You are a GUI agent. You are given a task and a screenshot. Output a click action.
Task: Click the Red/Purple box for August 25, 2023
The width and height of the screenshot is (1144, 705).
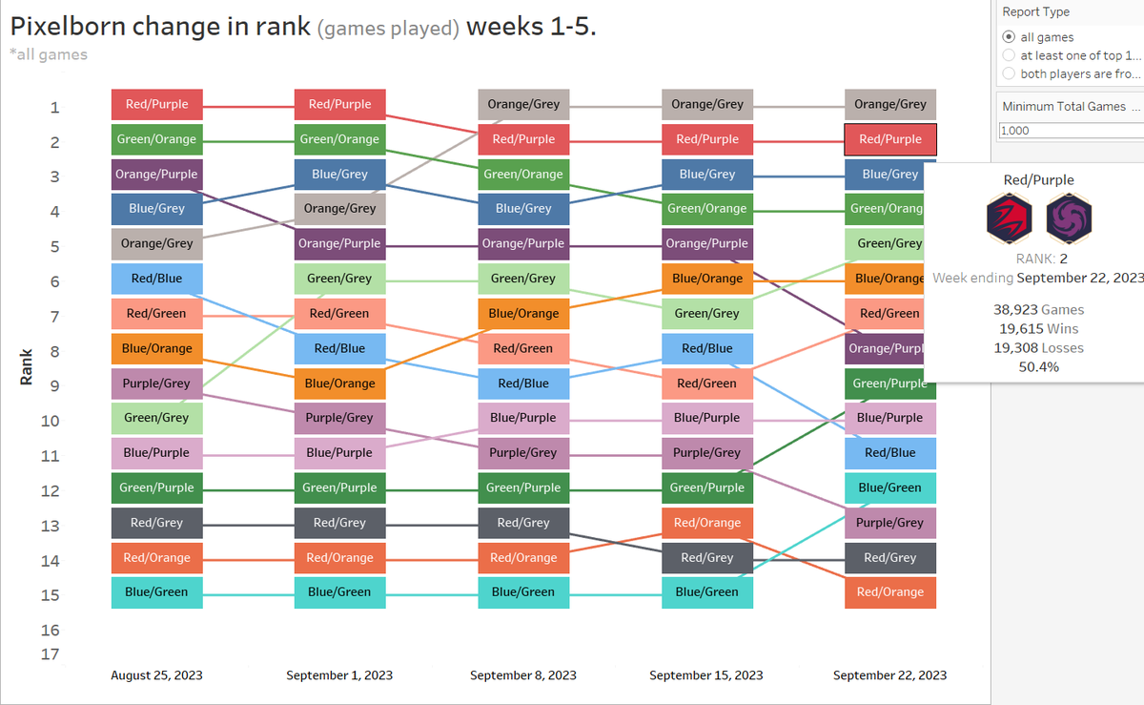click(156, 104)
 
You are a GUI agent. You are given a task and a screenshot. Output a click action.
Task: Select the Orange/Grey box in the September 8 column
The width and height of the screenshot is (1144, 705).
click(523, 104)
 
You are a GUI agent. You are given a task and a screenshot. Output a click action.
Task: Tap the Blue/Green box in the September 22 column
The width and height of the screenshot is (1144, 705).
click(889, 487)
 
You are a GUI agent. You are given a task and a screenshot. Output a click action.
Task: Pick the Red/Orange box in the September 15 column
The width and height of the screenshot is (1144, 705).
click(706, 523)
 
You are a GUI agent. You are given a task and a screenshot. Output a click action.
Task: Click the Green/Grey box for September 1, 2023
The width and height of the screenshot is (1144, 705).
click(339, 279)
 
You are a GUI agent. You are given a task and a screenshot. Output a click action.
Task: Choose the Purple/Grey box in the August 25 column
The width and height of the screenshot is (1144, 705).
click(156, 383)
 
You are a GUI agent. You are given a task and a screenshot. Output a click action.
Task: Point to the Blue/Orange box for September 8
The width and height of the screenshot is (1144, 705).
click(523, 313)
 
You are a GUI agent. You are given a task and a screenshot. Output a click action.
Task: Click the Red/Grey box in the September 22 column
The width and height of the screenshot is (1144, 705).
click(889, 557)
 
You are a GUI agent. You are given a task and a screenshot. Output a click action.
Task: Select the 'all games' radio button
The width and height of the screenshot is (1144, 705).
click(1009, 37)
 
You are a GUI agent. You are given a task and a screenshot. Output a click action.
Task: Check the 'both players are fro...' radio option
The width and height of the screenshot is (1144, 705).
click(1009, 73)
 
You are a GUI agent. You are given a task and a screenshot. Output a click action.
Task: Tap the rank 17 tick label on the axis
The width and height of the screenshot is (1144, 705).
click(50, 654)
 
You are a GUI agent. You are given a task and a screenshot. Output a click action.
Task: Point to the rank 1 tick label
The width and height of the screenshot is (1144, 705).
click(54, 108)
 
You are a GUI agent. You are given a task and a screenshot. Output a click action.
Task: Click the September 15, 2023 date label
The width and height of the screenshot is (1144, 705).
click(706, 675)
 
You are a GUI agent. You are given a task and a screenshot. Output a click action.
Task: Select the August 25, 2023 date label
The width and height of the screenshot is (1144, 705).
click(156, 675)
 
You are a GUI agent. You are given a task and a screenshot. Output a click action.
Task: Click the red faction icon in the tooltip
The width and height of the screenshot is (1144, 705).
click(1009, 218)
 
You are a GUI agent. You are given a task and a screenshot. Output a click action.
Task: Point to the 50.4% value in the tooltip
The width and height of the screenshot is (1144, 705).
click(1039, 366)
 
